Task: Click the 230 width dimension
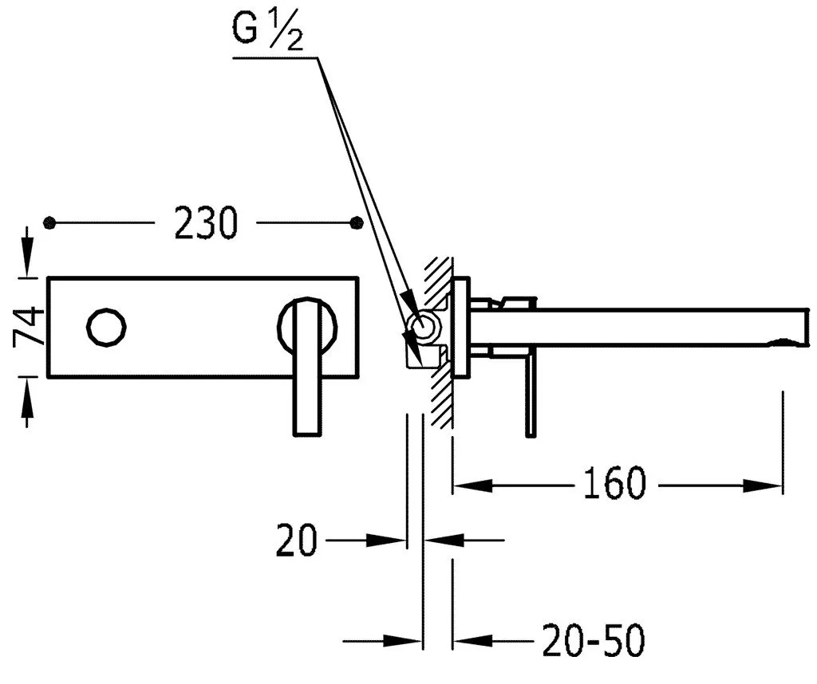206,223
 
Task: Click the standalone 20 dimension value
297,540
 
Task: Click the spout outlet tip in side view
790,344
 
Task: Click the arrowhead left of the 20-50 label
468,639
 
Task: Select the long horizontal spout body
638,324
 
